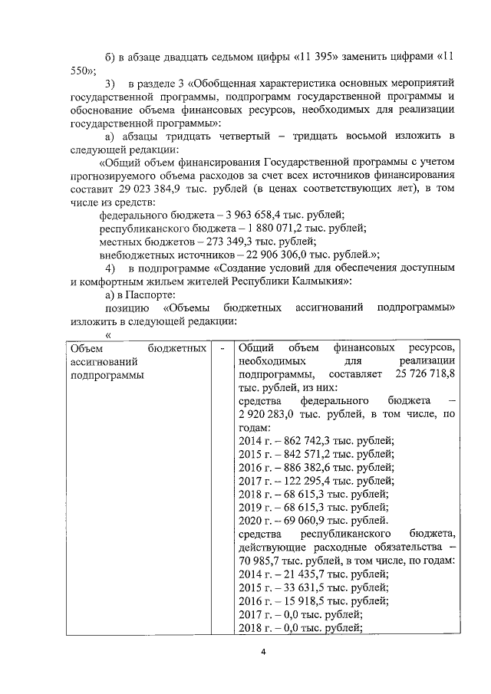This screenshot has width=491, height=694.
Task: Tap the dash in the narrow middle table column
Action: pos(222,348)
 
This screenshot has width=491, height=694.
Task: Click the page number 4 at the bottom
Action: pos(262,652)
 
